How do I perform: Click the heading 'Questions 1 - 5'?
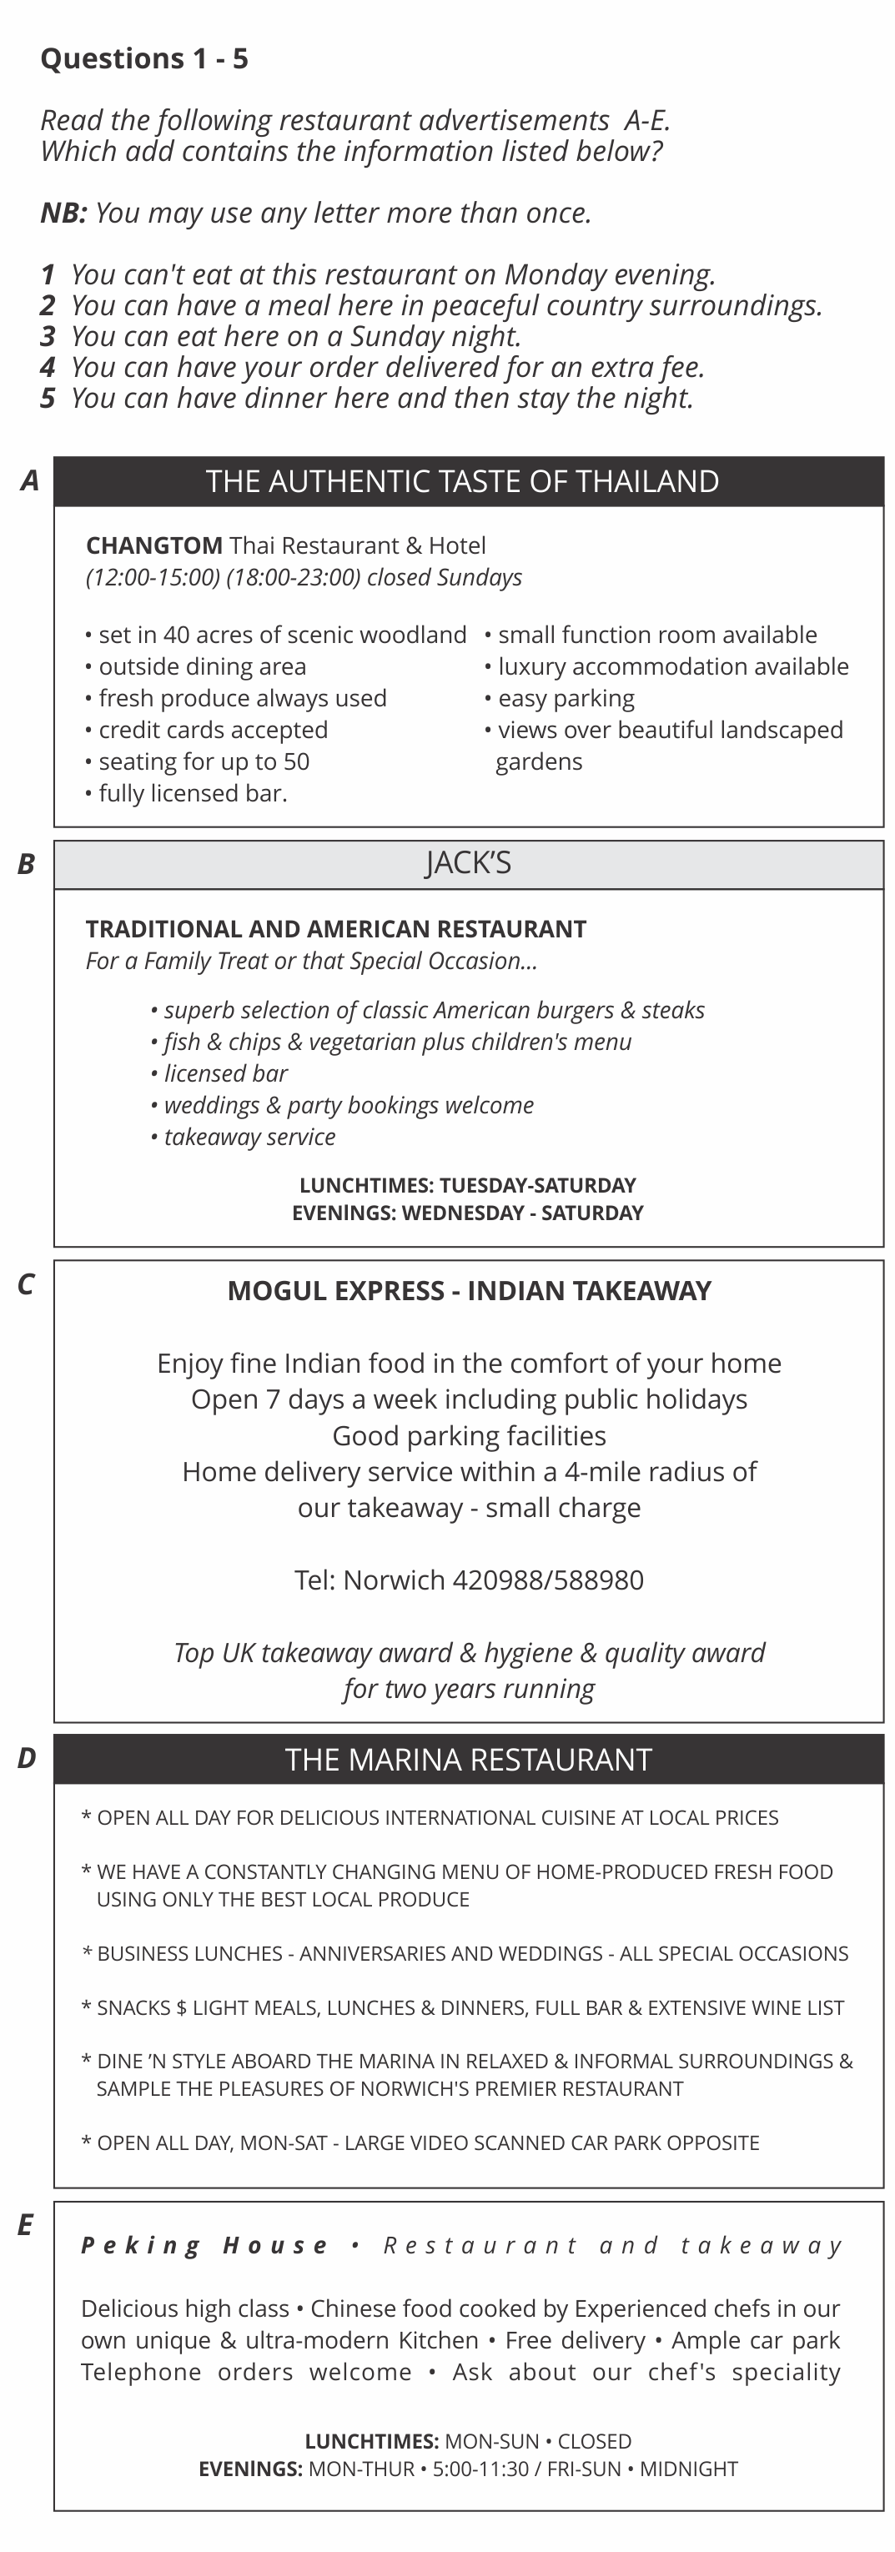click(x=143, y=59)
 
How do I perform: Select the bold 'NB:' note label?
click(x=63, y=213)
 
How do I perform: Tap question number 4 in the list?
click(x=48, y=368)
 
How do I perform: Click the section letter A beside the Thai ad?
click(x=30, y=480)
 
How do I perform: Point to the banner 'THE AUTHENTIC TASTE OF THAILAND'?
click(x=462, y=481)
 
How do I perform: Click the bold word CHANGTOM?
click(x=153, y=546)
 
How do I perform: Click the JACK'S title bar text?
click(x=468, y=864)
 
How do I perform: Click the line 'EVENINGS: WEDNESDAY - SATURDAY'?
click(x=467, y=1213)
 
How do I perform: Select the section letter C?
click(x=26, y=1285)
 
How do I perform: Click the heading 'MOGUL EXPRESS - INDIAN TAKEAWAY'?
click(x=469, y=1291)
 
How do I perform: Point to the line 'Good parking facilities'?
click(x=469, y=1435)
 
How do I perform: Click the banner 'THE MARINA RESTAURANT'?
click(x=468, y=1760)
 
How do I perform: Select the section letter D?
click(x=27, y=1759)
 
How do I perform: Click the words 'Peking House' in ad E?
click(x=204, y=2245)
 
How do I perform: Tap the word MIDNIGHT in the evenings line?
click(x=688, y=2469)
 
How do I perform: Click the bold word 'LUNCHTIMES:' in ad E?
click(x=372, y=2441)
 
